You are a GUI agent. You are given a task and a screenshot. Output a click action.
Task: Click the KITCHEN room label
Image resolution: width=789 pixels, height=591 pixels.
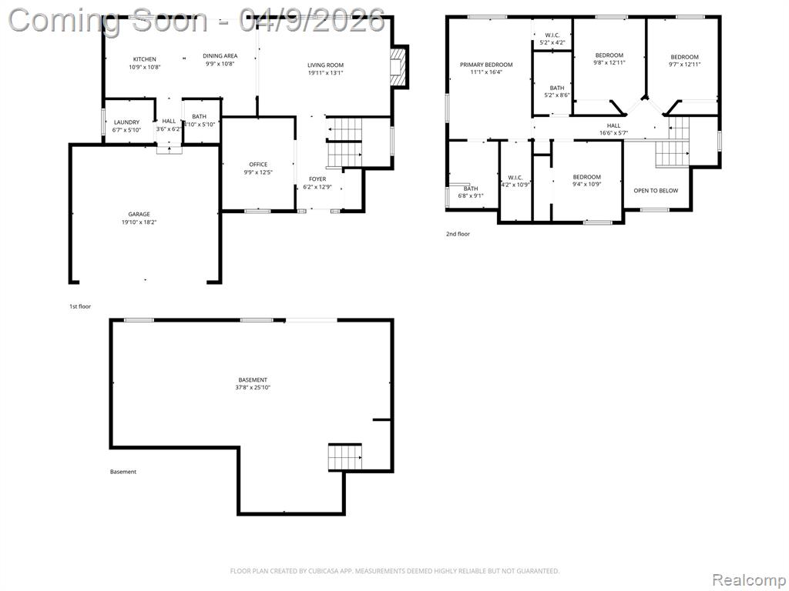pyautogui.click(x=144, y=59)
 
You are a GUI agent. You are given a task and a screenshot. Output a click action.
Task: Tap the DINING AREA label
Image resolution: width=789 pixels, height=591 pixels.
pyautogui.click(x=220, y=55)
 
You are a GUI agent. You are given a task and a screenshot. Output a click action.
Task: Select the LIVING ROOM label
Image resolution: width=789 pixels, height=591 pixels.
pyautogui.click(x=326, y=65)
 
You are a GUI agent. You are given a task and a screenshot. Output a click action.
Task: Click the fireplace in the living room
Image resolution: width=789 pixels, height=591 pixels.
pyautogui.click(x=398, y=67)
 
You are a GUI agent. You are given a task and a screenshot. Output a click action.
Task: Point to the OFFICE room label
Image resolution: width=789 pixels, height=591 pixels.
pyautogui.click(x=258, y=165)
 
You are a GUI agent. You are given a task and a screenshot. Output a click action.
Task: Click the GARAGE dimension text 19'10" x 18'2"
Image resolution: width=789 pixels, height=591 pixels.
pyautogui.click(x=139, y=222)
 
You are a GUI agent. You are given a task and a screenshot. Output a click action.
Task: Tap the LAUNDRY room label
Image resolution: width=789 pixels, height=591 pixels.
pyautogui.click(x=126, y=122)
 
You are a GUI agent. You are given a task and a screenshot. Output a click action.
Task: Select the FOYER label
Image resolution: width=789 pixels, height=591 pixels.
pyautogui.click(x=317, y=179)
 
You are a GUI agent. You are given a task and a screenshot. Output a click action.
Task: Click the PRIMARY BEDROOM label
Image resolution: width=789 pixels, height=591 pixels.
pyautogui.click(x=486, y=65)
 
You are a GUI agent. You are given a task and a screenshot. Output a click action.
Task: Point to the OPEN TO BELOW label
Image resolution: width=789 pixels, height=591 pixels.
pyautogui.click(x=656, y=191)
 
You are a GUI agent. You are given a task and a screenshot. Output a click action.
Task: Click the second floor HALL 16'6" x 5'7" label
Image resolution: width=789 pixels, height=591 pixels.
pyautogui.click(x=613, y=129)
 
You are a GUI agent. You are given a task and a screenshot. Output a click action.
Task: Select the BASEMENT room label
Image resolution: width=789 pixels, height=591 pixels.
pyautogui.click(x=253, y=380)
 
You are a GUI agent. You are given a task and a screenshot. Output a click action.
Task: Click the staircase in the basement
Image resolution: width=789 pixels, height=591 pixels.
pyautogui.click(x=345, y=457)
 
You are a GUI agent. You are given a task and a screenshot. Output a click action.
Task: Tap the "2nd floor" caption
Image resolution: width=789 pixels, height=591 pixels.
pyautogui.click(x=458, y=234)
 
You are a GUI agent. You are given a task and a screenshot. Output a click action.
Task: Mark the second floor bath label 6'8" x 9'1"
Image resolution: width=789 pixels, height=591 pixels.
pyautogui.click(x=471, y=192)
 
